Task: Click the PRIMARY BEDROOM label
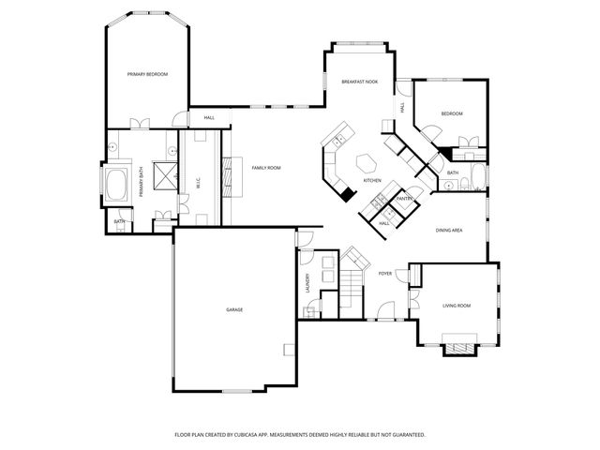coord(147,73)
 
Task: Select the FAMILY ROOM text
coord(265,168)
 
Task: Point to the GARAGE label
coord(233,309)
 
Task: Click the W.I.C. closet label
coord(198,181)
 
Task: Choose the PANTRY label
coord(405,199)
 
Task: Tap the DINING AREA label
coord(449,230)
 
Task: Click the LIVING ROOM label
coord(457,306)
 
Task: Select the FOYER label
coord(384,274)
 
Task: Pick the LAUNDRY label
coord(307,283)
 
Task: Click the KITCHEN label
coord(372,180)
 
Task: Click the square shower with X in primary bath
coord(166,175)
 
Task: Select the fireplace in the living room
coord(459,348)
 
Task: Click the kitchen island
coord(367,161)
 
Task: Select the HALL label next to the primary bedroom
coord(209,118)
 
